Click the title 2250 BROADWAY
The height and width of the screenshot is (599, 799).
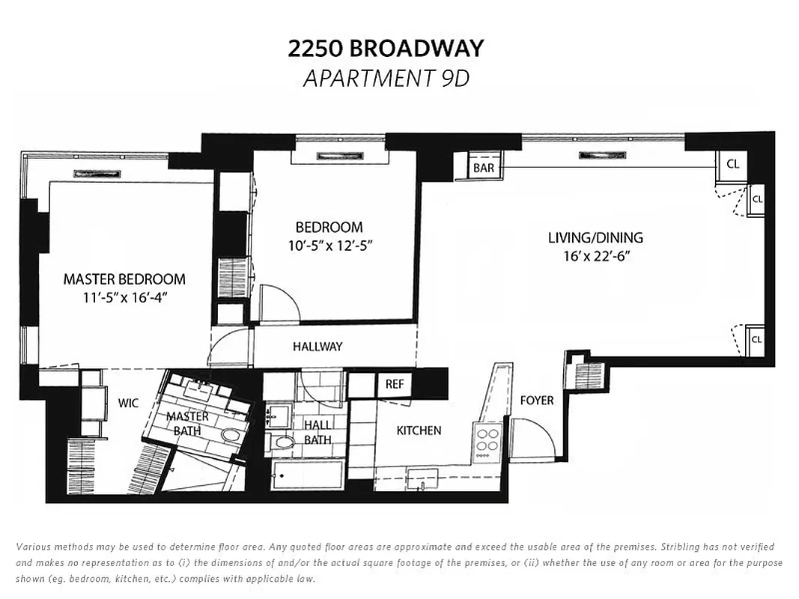point(386,49)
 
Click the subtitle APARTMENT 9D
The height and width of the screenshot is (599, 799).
point(386,78)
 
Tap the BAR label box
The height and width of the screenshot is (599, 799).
point(484,168)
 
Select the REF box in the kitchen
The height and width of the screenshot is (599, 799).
point(395,384)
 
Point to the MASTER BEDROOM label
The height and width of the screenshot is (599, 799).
point(124,279)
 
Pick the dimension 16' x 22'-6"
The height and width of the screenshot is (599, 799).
point(595,256)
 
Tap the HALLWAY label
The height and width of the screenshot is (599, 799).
point(318,347)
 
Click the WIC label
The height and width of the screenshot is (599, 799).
point(128,404)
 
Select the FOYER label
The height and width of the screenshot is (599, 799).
point(537,401)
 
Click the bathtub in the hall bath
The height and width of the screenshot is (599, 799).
point(308,475)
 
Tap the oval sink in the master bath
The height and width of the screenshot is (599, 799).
point(229,437)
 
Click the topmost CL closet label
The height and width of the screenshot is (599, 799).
point(732,163)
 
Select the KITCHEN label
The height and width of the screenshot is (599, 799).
point(419,431)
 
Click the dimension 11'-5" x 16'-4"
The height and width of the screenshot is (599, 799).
point(124,297)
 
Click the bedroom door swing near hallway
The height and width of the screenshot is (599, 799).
point(281,303)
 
